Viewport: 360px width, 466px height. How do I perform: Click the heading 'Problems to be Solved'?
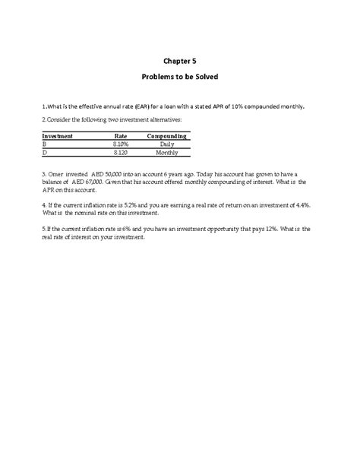179,78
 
